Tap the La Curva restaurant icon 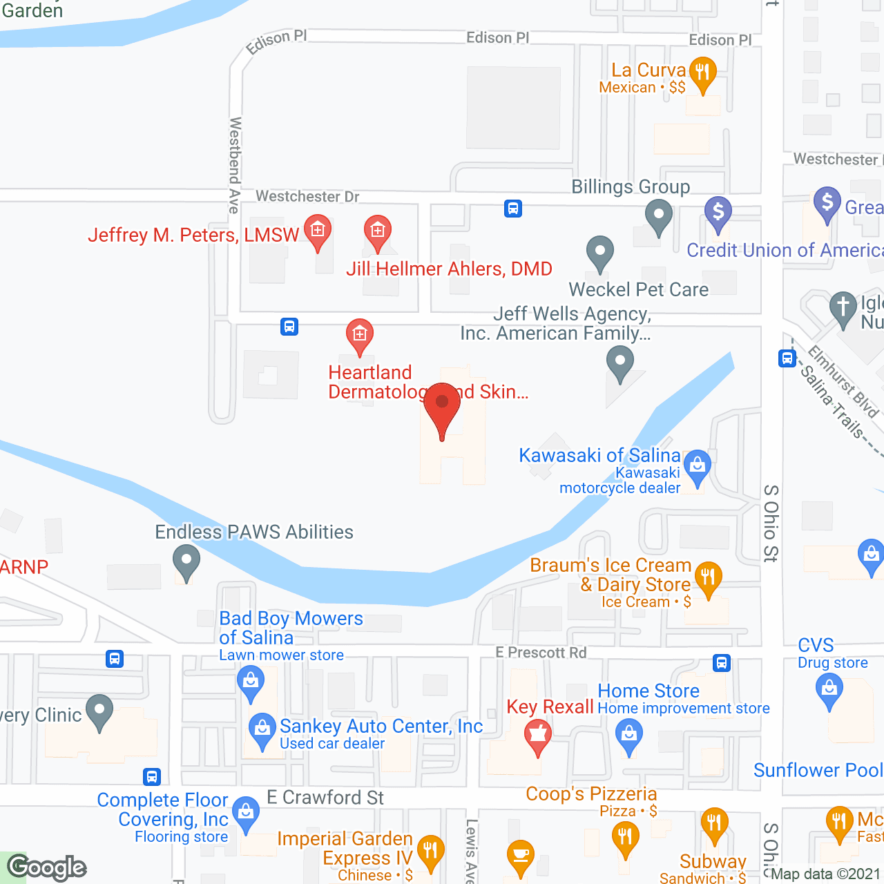coord(702,73)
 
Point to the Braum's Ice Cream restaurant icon coord(708,577)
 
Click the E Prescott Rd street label coord(541,653)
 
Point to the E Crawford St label coord(325,798)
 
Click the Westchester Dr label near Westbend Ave coord(307,197)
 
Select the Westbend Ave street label coord(235,165)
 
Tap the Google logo coord(47,867)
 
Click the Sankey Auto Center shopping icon coord(262,729)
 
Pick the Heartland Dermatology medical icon coord(359,336)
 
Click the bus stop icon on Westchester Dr coord(512,209)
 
